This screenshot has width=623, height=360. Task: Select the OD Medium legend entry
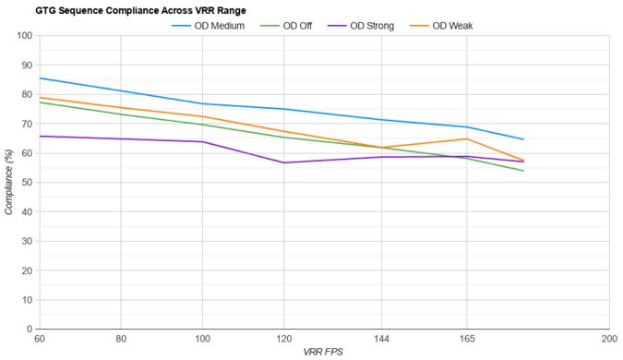tap(211, 26)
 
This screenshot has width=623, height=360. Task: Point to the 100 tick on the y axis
tap(24, 36)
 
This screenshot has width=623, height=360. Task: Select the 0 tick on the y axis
tap(30, 329)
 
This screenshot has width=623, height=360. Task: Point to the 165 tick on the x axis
tap(467, 340)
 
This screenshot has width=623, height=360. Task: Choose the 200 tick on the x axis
tap(606, 340)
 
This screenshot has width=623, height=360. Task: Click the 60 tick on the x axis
tap(39, 340)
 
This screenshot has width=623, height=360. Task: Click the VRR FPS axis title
tap(323, 352)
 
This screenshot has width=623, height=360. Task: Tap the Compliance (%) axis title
tap(9, 182)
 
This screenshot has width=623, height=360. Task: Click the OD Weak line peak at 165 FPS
tap(467, 139)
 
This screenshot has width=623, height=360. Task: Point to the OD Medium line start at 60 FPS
tap(39, 78)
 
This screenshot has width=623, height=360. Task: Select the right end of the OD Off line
tap(524, 171)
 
